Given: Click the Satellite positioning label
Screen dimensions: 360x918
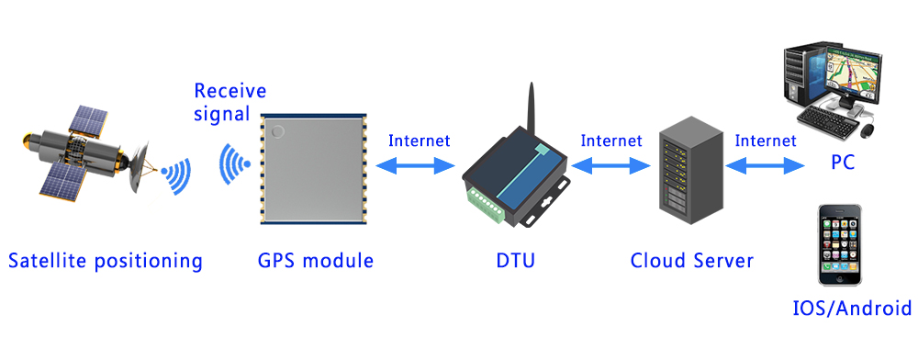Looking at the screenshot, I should (105, 261).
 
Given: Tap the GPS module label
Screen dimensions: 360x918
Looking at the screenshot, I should (316, 261).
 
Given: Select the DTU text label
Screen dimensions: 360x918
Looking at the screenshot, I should (515, 261).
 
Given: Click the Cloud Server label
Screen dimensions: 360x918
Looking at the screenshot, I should (691, 261).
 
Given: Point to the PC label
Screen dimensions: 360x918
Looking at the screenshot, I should (843, 163).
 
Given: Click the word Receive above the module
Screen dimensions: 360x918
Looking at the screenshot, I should (229, 91).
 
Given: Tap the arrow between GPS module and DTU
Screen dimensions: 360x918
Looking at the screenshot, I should (419, 166).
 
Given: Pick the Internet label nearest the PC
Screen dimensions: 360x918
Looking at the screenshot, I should (766, 141).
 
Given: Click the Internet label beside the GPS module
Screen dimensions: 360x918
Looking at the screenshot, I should (419, 141).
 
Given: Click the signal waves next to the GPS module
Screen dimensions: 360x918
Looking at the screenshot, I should (235, 165).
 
